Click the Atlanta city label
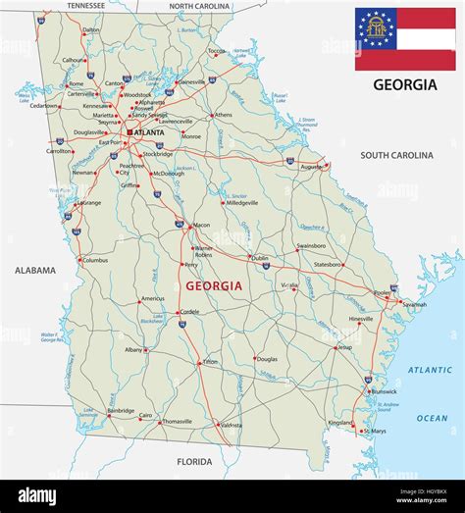click(x=149, y=131)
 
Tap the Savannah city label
click(x=414, y=304)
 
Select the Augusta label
click(x=311, y=167)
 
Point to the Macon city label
click(x=201, y=226)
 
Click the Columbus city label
click(x=94, y=260)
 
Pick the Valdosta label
click(x=231, y=426)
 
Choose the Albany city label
click(x=133, y=349)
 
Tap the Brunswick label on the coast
click(x=385, y=391)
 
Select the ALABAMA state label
click(x=35, y=270)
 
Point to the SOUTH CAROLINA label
click(x=396, y=155)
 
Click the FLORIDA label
click(x=193, y=461)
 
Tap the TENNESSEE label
click(x=86, y=5)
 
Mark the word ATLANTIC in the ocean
click(x=430, y=369)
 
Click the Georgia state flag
click(x=405, y=38)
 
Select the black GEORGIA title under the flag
click(x=405, y=84)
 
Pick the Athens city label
click(x=224, y=115)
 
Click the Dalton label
click(x=91, y=30)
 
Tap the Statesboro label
click(x=328, y=264)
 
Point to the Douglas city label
click(x=267, y=359)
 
